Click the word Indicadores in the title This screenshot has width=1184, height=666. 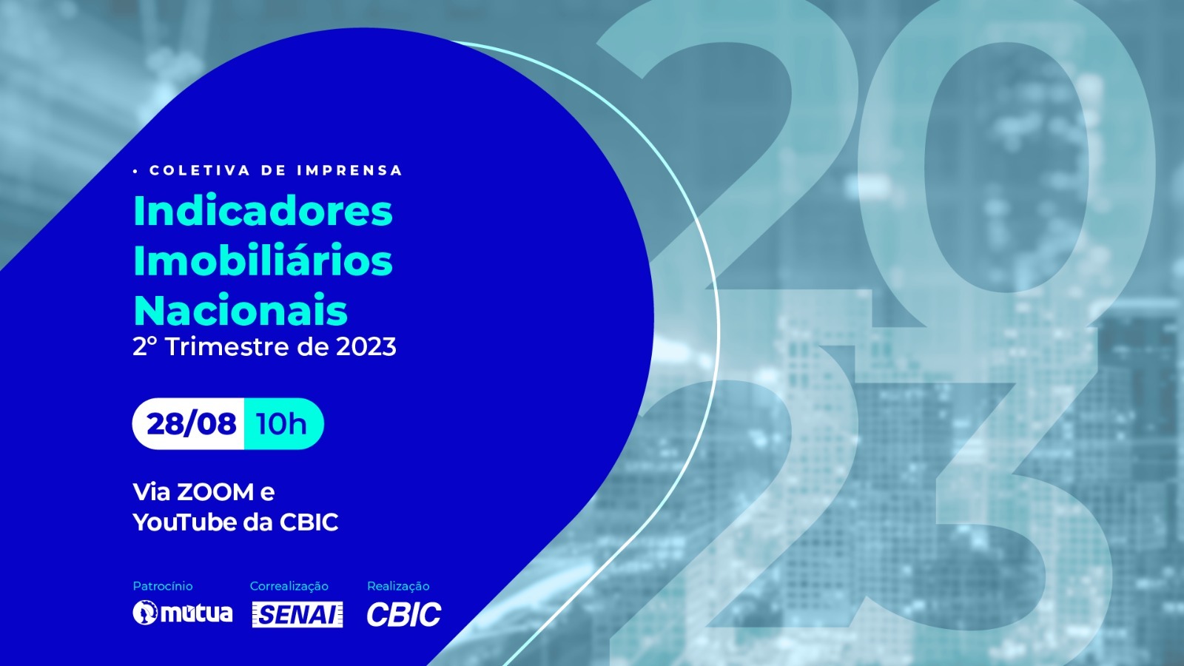[x=263, y=211]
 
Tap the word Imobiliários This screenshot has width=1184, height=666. [x=263, y=260]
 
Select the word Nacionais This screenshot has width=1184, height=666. [x=240, y=310]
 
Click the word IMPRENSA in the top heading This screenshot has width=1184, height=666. [x=350, y=170]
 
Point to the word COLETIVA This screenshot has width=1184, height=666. [x=200, y=170]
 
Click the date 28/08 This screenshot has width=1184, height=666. [x=192, y=424]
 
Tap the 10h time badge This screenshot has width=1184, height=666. [x=283, y=424]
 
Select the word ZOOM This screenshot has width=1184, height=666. [x=215, y=492]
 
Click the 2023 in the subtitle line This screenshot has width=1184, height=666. [x=366, y=347]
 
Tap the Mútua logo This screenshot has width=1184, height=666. [x=182, y=613]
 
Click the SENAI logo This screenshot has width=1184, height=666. [x=297, y=614]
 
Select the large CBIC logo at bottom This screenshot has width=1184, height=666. [x=404, y=614]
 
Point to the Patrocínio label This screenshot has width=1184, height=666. [x=163, y=586]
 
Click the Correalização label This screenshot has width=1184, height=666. [x=289, y=586]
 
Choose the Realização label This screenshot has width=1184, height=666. [x=398, y=586]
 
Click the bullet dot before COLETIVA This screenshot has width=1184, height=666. [x=136, y=171]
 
